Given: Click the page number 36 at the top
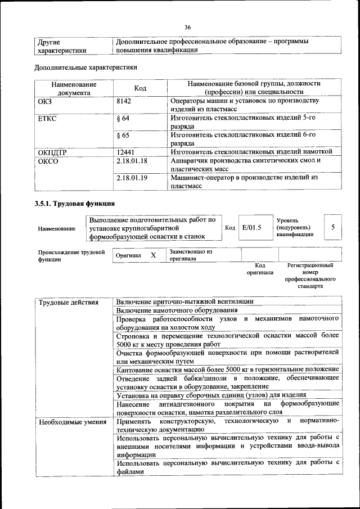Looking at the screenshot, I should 188,27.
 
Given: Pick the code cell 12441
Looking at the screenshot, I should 125,152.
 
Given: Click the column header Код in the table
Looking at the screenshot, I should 140,88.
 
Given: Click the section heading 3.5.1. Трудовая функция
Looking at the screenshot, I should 75,202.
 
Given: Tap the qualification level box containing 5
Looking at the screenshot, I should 334,227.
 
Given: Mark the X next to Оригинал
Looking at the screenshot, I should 153,255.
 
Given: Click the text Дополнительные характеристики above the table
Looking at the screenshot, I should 86,67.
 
